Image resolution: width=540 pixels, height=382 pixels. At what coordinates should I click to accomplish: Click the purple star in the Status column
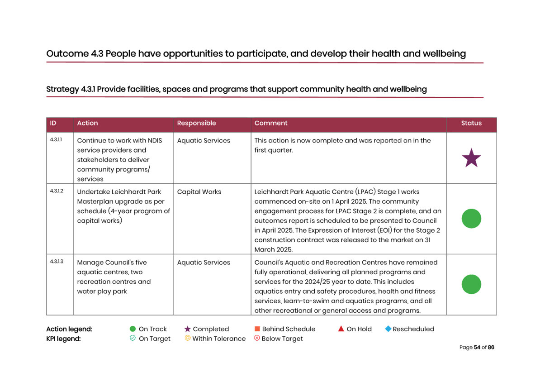pos(471,158)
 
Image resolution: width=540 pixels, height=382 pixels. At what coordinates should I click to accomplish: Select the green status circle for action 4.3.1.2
pos(471,219)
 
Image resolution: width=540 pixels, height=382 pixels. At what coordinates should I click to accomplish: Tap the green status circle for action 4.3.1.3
pos(471,284)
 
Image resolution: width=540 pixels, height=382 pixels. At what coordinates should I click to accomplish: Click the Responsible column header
pos(196,123)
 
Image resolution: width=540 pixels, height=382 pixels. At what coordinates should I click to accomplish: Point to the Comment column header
pos(271,123)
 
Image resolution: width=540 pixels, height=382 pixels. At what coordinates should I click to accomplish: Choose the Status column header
pos(471,123)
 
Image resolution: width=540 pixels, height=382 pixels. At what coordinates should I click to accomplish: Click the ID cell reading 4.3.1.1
pos(56,140)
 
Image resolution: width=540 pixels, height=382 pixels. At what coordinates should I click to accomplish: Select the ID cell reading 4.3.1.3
pos(57,261)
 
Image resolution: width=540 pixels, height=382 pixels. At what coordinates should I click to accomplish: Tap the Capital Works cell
pos(199,192)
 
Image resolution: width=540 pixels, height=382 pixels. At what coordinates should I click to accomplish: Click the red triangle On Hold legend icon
pos(341,329)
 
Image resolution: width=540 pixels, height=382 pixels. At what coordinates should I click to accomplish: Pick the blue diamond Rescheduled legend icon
pos(388,329)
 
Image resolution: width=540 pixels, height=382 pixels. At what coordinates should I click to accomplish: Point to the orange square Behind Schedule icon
pos(257,329)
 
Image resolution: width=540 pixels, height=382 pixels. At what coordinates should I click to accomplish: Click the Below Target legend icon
pos(257,338)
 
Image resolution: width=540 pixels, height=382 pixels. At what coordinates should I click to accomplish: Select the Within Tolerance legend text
pos(219,339)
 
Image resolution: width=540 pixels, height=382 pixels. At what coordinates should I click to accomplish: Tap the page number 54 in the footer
pos(477,347)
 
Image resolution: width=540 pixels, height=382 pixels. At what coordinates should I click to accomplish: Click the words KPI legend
pos(63,339)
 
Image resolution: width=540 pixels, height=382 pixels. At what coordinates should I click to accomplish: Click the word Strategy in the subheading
pos(63,89)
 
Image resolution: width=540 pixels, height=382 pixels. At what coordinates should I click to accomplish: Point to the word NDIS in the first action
pos(155,140)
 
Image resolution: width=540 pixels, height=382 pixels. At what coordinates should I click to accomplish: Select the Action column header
pos(87,123)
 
